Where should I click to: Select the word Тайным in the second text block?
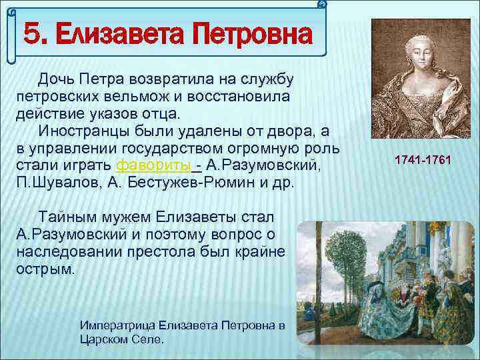coord(65,217)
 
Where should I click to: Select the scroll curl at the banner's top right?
coord(323,5)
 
